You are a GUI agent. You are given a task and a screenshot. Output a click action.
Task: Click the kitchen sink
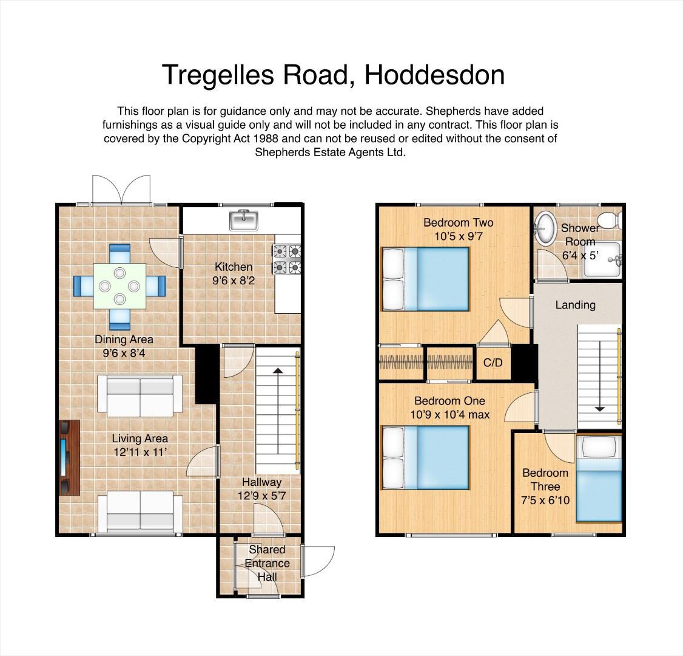point(244,220)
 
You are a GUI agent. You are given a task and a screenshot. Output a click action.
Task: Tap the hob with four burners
point(288,258)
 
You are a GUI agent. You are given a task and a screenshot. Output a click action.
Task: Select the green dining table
point(119,285)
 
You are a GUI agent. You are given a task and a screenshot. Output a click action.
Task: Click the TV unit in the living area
point(69,457)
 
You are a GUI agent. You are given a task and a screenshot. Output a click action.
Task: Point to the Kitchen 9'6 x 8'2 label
point(234,274)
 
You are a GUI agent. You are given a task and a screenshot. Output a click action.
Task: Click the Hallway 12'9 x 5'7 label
point(262,489)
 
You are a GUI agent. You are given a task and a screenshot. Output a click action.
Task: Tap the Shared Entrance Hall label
point(267,563)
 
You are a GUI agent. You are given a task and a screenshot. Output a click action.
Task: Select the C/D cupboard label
point(493,363)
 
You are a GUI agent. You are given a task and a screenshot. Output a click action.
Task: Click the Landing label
point(575,305)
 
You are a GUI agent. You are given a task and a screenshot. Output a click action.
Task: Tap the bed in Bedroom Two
point(425,279)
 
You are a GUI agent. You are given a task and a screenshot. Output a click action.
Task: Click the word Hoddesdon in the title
point(434,75)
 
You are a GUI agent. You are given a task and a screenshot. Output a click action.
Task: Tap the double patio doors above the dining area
point(121,190)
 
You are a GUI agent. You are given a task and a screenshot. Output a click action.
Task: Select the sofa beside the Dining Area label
point(140,395)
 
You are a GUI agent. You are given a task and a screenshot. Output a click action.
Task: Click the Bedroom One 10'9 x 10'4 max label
point(449,408)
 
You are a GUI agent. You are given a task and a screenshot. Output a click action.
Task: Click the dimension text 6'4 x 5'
point(580,256)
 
